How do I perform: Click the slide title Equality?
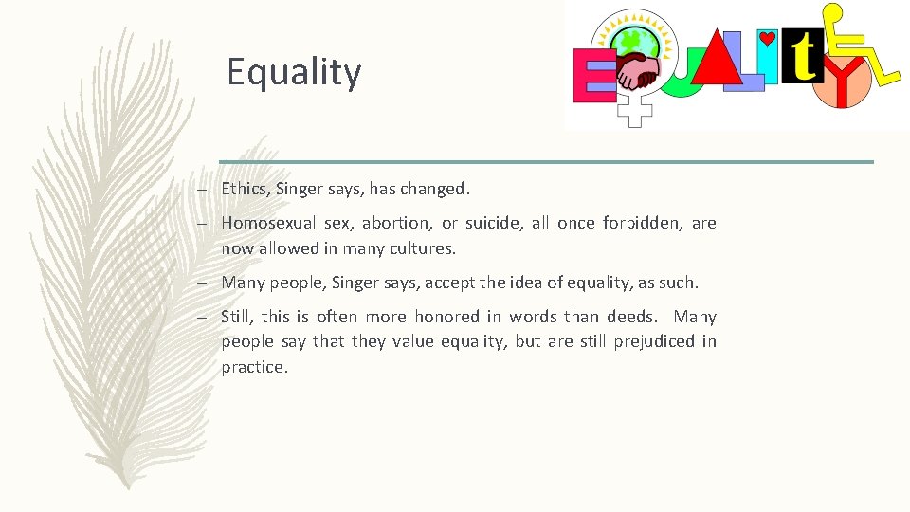(294, 72)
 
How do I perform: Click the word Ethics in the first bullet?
(244, 189)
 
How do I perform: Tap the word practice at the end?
(253, 367)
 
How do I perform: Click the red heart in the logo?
(768, 39)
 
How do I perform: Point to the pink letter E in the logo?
(594, 76)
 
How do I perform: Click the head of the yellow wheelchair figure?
(833, 14)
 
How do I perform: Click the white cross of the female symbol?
(635, 114)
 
